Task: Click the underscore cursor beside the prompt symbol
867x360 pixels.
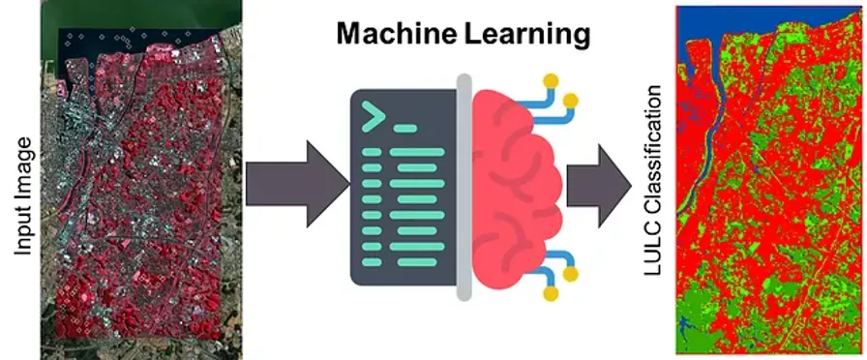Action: pyautogui.click(x=404, y=128)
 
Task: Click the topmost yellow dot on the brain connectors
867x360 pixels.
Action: pyautogui.click(x=552, y=80)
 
